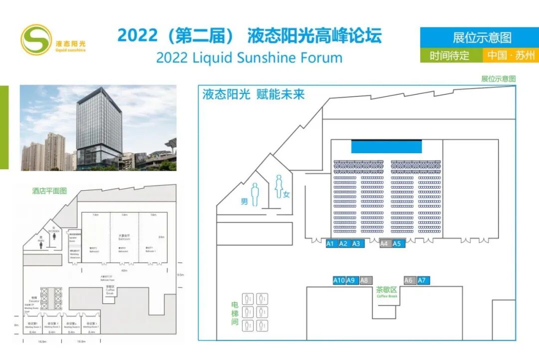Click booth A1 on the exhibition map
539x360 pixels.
[x=330, y=244]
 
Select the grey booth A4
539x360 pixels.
[x=384, y=244]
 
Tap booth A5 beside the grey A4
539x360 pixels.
[x=397, y=244]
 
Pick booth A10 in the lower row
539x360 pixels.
[x=339, y=281]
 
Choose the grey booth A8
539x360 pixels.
[x=365, y=281]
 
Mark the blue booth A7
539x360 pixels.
[x=423, y=281]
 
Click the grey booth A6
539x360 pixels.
[x=409, y=281]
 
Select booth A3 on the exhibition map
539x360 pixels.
[x=356, y=244]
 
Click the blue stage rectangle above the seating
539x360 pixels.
[x=386, y=146]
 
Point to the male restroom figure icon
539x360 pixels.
[x=255, y=194]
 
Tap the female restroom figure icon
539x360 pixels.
[x=278, y=186]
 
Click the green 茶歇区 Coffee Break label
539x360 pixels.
[x=387, y=292]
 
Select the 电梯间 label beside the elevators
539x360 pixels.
[x=235, y=314]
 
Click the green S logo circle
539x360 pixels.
[x=35, y=39]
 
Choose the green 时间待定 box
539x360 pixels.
[x=451, y=55]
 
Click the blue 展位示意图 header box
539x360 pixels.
[x=479, y=37]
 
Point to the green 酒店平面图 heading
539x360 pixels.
[x=49, y=190]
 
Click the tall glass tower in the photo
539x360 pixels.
[x=99, y=125]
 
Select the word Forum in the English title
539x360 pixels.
[x=321, y=57]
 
